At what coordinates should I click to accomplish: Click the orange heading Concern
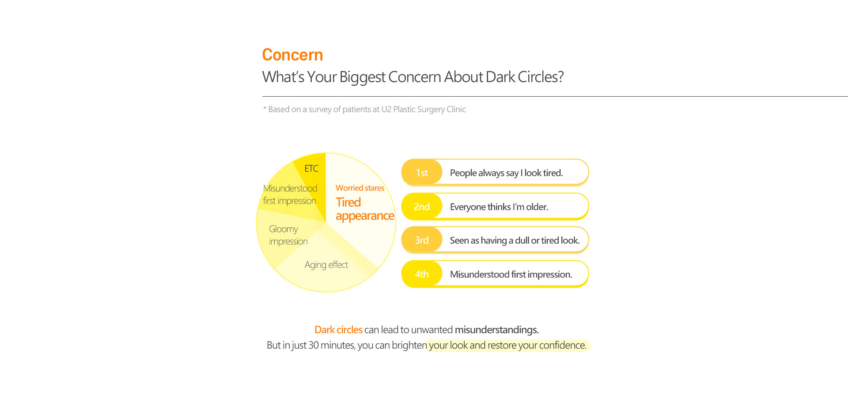click(292, 55)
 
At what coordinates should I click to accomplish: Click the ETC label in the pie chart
click(311, 169)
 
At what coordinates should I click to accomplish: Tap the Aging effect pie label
click(326, 265)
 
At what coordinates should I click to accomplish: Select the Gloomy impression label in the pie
click(288, 235)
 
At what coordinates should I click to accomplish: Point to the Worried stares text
click(360, 188)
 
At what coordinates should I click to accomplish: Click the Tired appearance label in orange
click(365, 209)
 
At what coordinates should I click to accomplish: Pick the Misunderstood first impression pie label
click(290, 195)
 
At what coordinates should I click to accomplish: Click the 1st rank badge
click(422, 173)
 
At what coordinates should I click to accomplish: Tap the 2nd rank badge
click(422, 207)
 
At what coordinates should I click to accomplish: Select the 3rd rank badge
click(422, 240)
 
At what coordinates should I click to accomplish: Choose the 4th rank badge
click(422, 274)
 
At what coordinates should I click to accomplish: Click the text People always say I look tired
click(506, 173)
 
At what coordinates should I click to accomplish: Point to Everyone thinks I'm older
click(499, 207)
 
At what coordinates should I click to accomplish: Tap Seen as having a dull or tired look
click(515, 241)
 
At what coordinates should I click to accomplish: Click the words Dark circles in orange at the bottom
click(338, 330)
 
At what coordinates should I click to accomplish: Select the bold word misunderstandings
click(497, 330)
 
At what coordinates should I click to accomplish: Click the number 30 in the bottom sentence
click(314, 345)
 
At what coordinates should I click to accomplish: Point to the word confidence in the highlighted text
click(563, 345)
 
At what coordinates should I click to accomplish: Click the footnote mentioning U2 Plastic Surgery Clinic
click(364, 109)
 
